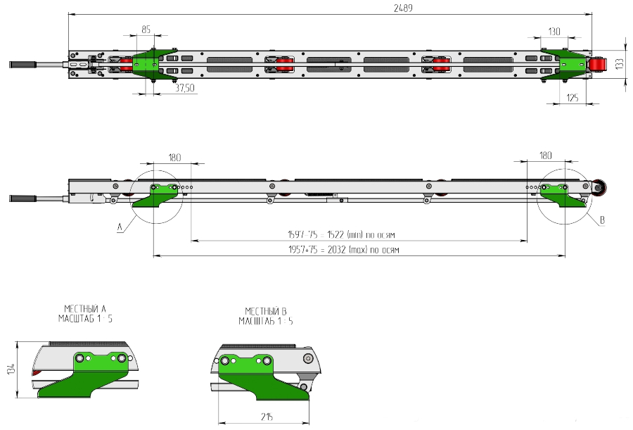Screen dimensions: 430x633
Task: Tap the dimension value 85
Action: coord(146,30)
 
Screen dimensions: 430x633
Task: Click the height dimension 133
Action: coord(619,63)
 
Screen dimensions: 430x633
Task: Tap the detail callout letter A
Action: coord(121,227)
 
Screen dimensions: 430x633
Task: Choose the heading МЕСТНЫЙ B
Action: coord(266,311)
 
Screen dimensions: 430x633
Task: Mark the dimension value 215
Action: coord(265,417)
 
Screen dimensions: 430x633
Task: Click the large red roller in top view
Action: coord(598,65)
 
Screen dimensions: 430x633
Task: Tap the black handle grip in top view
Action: coord(22,65)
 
